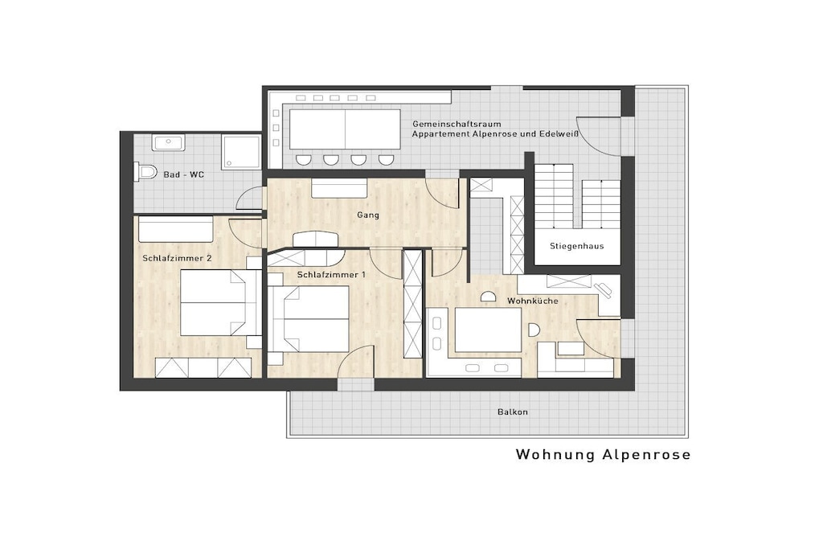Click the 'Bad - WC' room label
[x=184, y=174]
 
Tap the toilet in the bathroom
[x=145, y=171]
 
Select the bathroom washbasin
[x=168, y=142]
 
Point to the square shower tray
[x=241, y=152]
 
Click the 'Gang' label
[x=368, y=215]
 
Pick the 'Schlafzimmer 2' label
[x=178, y=258]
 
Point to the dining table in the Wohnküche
[x=488, y=330]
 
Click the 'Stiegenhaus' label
[x=577, y=246]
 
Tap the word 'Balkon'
[x=513, y=412]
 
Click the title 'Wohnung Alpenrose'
[x=603, y=454]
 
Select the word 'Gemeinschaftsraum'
[x=457, y=125]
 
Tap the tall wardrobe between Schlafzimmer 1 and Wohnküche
[x=412, y=305]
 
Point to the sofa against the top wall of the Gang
[x=339, y=188]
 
